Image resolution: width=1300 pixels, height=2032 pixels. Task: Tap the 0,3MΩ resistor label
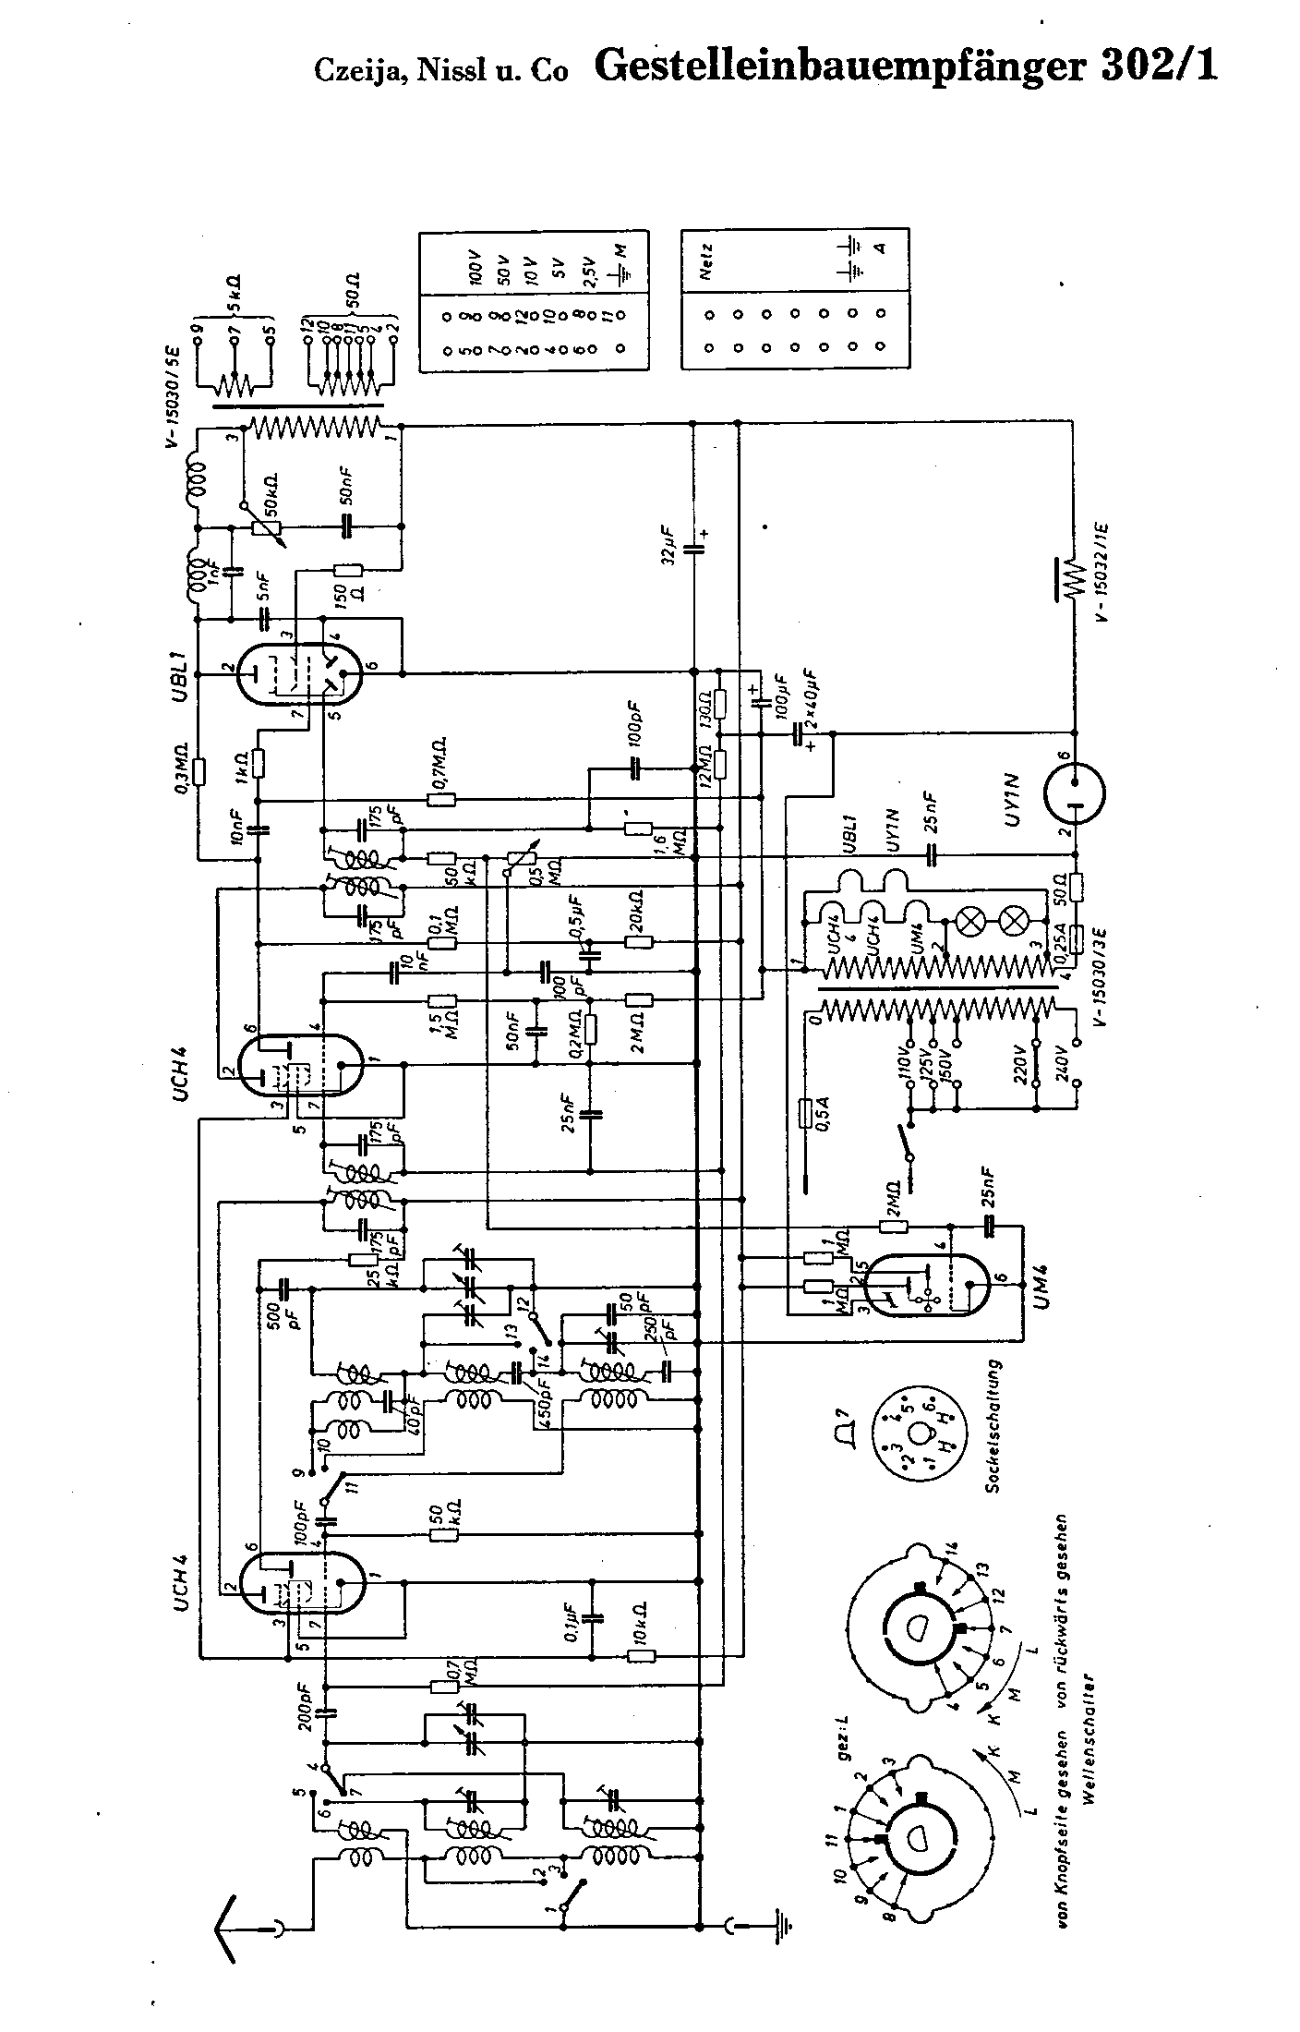click(181, 768)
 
